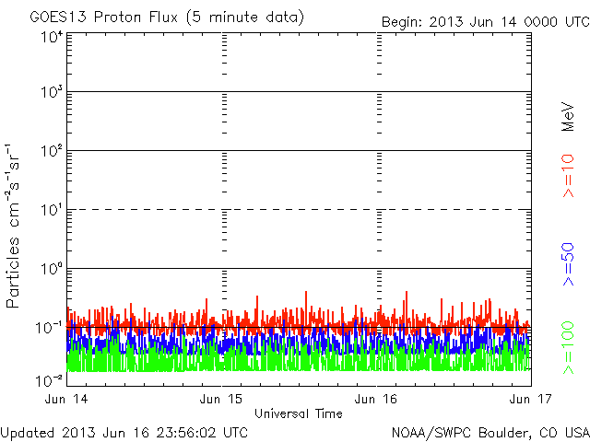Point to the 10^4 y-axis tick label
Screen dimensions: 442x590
click(52, 37)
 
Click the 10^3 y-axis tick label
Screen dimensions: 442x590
click(52, 93)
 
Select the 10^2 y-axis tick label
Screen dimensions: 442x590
click(52, 151)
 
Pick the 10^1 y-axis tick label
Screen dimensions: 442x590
click(52, 210)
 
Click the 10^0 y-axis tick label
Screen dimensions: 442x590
click(52, 269)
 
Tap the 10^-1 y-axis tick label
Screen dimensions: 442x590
click(50, 328)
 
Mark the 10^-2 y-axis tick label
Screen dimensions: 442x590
click(50, 379)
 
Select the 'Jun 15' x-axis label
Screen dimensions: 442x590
click(223, 400)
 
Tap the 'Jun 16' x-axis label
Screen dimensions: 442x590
click(377, 400)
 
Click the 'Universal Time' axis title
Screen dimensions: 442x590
click(299, 413)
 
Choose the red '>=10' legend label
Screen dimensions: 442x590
click(569, 175)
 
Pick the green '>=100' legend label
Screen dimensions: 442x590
click(569, 345)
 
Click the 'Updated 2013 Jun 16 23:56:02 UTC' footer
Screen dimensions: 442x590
click(124, 431)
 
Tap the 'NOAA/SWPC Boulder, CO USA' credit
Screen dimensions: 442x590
click(490, 431)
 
